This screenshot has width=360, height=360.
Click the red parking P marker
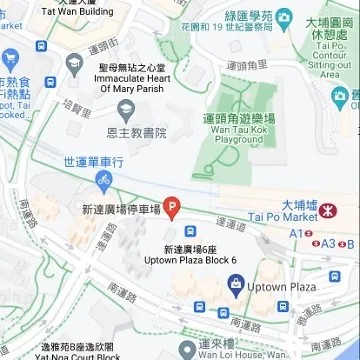172,208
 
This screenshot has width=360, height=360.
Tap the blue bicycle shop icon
102,181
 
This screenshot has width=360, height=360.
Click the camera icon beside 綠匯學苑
285,18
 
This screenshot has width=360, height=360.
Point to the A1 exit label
295,232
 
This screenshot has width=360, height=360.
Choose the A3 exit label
328,243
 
